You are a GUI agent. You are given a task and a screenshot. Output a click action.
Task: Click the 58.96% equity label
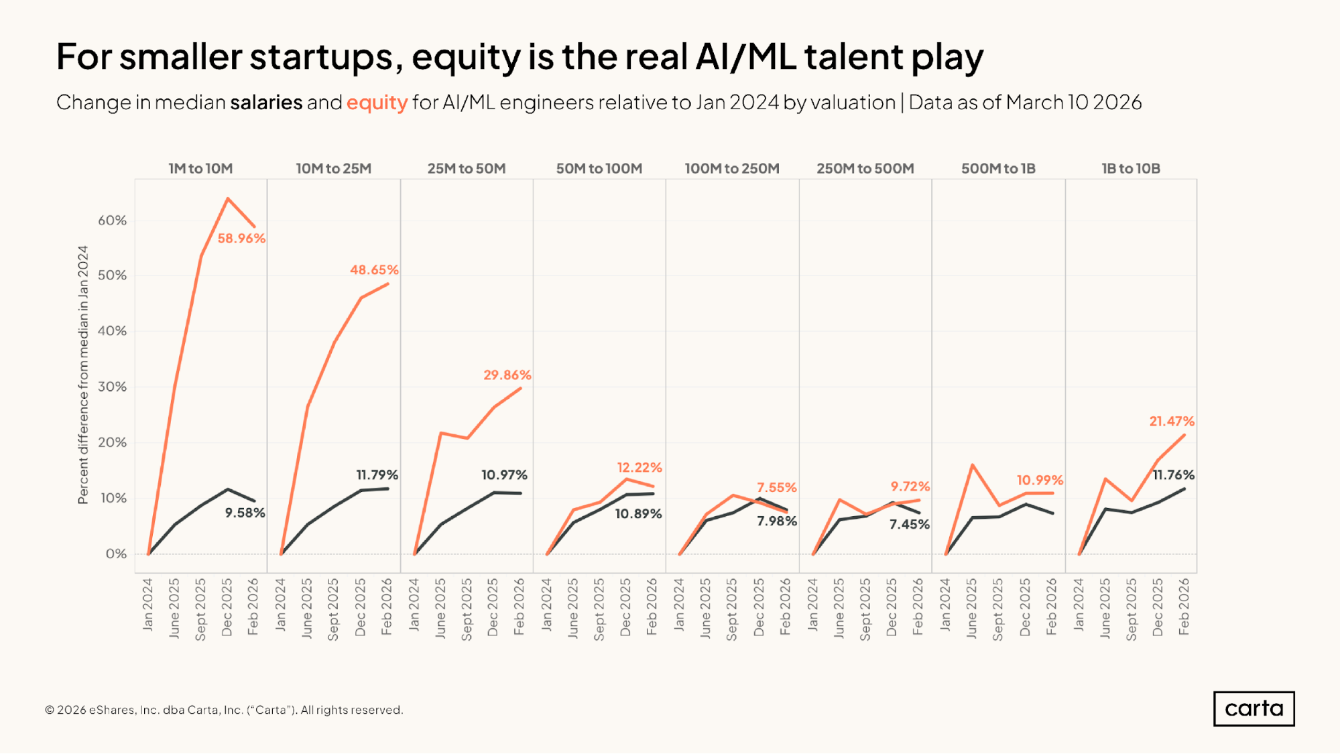click(x=241, y=239)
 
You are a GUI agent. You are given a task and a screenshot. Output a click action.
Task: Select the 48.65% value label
click(x=374, y=270)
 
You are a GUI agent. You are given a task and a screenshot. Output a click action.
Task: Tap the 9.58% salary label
click(x=245, y=513)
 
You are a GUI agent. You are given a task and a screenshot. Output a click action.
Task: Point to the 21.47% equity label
click(x=1172, y=422)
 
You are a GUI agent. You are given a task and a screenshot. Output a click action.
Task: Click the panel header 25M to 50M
click(x=467, y=169)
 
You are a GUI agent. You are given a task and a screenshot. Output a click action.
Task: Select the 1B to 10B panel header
click(x=1131, y=169)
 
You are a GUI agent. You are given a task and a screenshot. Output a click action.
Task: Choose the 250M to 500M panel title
click(x=865, y=169)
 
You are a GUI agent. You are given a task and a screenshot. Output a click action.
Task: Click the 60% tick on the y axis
click(x=112, y=221)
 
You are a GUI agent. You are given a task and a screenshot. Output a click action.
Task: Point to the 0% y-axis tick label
click(x=116, y=554)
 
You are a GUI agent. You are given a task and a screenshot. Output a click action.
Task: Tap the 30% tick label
click(x=112, y=387)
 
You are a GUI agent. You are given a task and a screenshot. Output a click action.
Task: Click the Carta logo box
click(x=1254, y=708)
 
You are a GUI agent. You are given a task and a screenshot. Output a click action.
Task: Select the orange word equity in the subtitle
click(x=377, y=103)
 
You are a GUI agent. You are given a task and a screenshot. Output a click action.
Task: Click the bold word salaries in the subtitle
click(x=266, y=103)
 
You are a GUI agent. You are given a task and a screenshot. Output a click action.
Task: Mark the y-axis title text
click(x=83, y=375)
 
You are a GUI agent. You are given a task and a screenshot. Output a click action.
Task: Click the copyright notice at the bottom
click(x=224, y=710)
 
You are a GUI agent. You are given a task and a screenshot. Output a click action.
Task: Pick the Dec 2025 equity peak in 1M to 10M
click(x=228, y=199)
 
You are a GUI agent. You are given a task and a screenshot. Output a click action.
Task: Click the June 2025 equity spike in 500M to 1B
click(x=972, y=465)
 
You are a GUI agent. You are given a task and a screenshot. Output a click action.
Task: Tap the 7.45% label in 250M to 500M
click(x=909, y=525)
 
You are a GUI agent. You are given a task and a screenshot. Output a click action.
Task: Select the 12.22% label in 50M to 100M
click(x=639, y=468)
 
